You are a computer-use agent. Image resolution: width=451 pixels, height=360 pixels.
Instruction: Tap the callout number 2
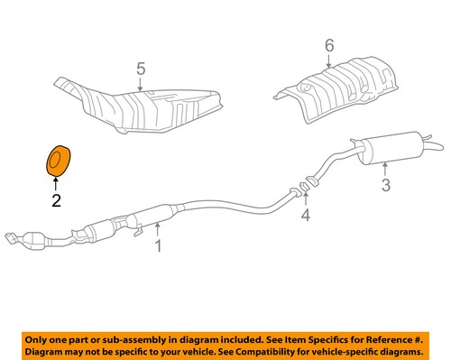pos(56,201)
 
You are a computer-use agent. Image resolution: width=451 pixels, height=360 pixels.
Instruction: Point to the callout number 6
pos(329,45)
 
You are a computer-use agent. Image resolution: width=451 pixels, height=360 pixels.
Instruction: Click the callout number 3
pos(385,188)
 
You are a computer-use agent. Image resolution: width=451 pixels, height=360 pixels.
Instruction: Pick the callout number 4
pos(306,216)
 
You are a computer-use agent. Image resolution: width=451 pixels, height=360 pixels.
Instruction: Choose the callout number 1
pos(158,245)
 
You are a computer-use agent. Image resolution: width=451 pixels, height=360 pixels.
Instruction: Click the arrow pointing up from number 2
pos(56,184)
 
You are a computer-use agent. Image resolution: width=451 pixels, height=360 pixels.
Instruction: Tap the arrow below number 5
pos(140,85)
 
